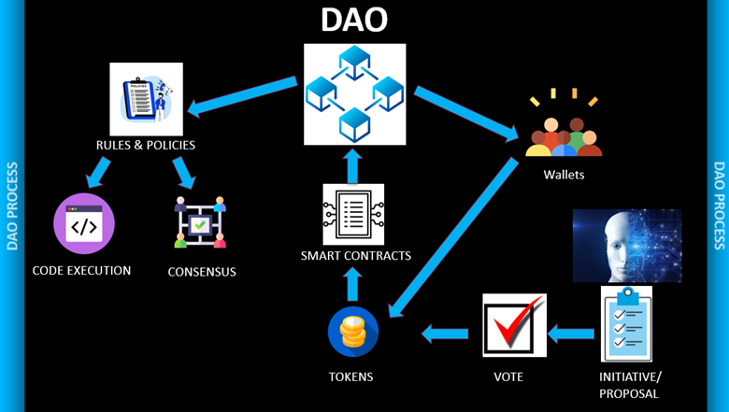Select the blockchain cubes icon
[355, 94]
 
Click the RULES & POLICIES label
[145, 146]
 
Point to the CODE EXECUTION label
[81, 271]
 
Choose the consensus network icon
[201, 222]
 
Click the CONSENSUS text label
[202, 272]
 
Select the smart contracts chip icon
[353, 214]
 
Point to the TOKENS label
[351, 376]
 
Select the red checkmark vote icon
[514, 325]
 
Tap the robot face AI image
[627, 246]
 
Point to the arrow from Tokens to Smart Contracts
[352, 284]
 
